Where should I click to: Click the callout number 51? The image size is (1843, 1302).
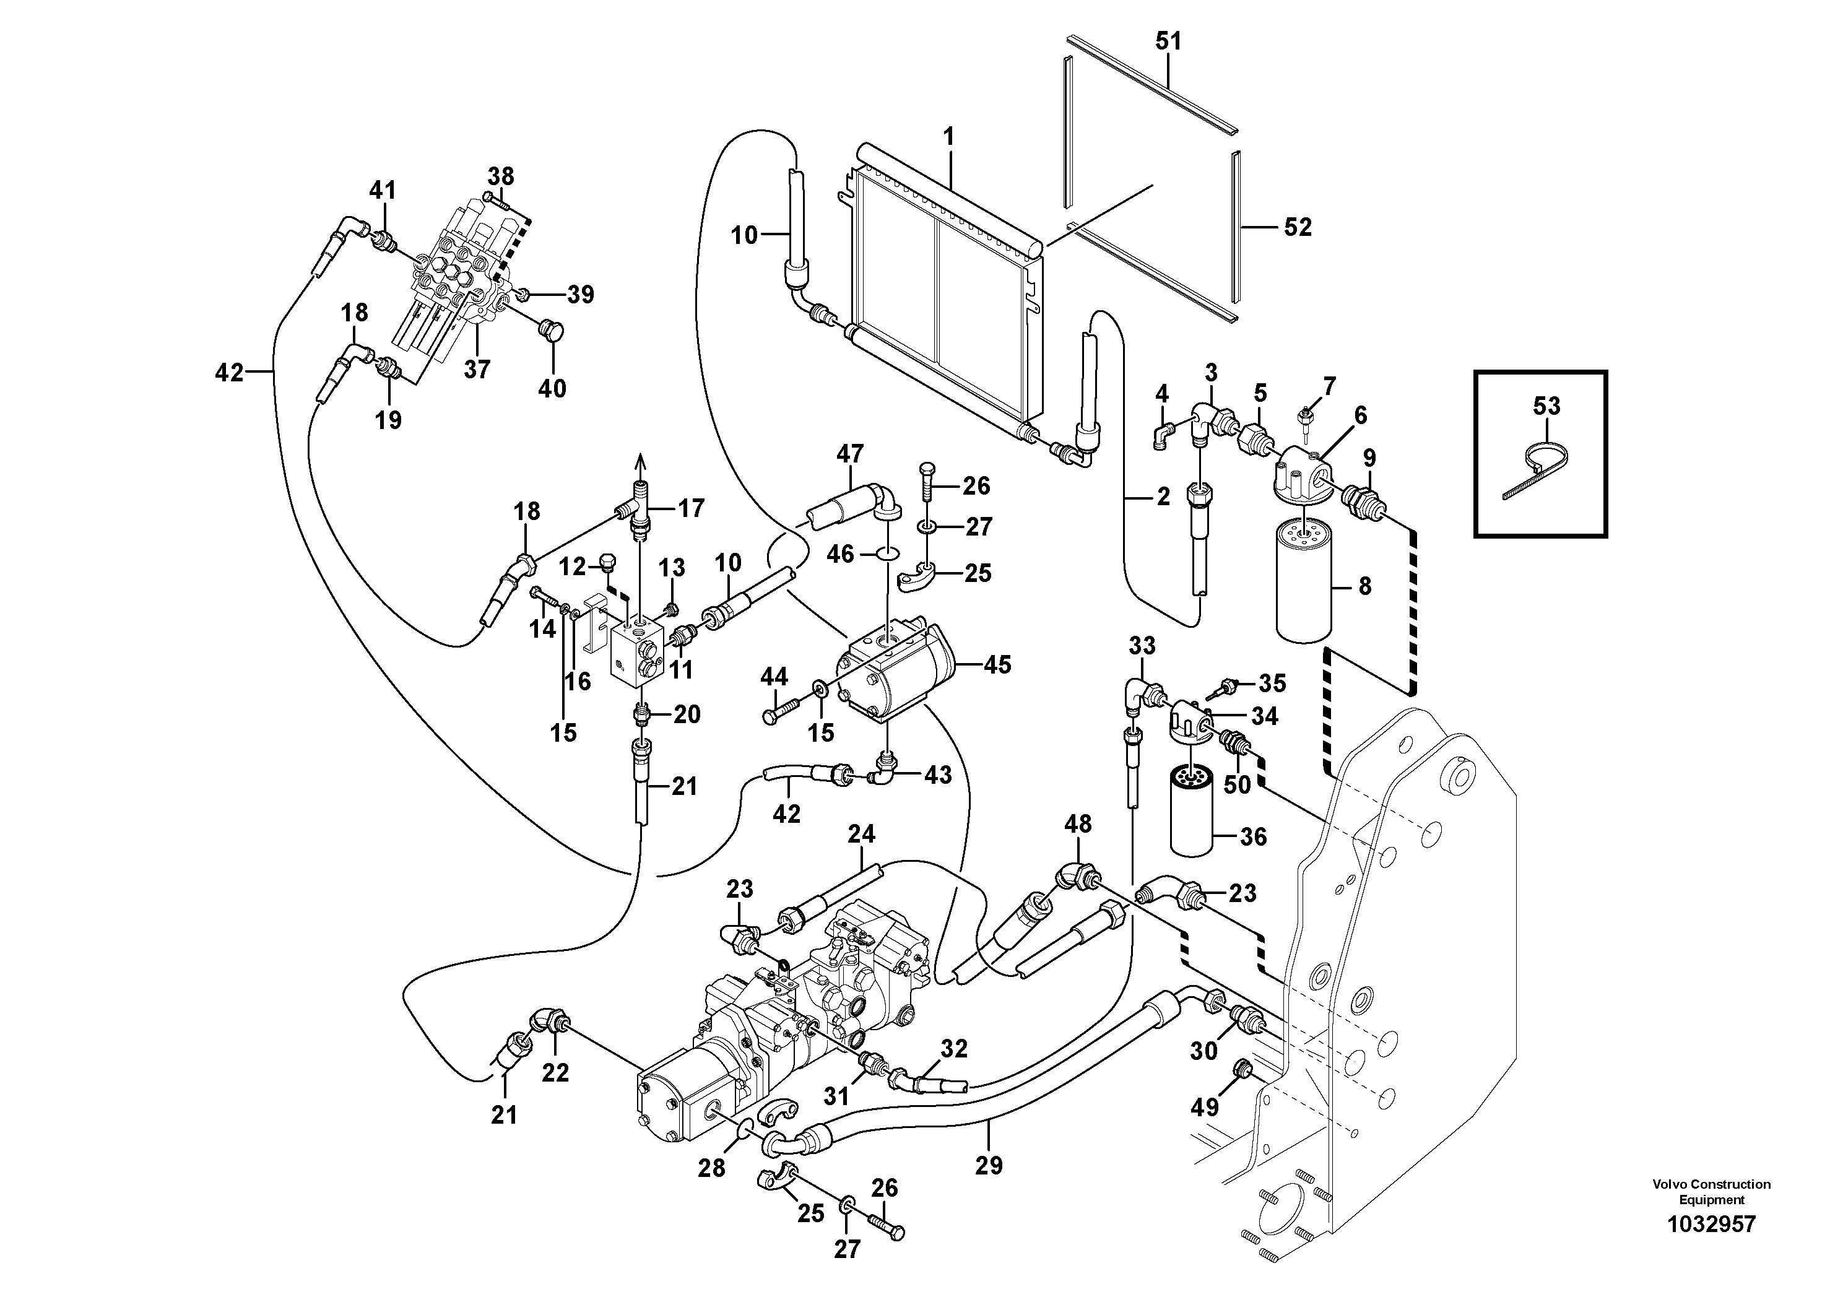1168,41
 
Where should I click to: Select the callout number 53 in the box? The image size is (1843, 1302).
1546,406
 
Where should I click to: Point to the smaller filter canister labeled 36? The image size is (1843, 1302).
1194,811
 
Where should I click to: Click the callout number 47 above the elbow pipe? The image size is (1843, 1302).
850,454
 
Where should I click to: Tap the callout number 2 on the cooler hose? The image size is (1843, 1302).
1163,498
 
